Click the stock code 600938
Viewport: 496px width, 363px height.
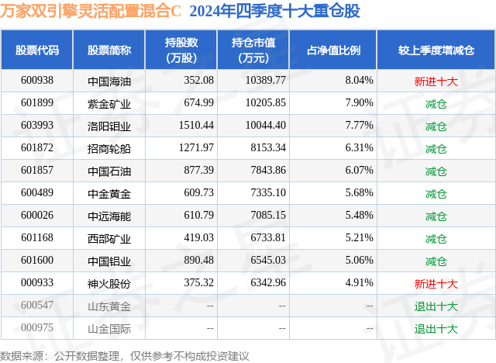point(37,81)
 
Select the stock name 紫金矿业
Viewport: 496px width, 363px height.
point(108,103)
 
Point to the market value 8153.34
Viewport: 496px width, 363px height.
point(264,148)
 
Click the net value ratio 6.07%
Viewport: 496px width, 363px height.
point(359,171)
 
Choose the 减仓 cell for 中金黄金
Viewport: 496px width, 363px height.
point(436,193)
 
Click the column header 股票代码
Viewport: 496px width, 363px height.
point(37,50)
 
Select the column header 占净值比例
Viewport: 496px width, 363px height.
point(339,50)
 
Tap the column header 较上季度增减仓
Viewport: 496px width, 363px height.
point(436,50)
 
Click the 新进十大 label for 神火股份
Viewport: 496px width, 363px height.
point(436,284)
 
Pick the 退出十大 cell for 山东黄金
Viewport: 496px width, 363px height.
point(436,306)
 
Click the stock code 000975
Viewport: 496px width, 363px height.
point(37,329)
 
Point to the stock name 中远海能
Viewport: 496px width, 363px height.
point(108,216)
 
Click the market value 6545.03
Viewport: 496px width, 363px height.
point(264,261)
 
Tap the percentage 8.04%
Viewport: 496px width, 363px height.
point(359,81)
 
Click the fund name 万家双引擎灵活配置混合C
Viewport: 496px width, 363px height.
point(91,12)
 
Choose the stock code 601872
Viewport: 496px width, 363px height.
point(37,148)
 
